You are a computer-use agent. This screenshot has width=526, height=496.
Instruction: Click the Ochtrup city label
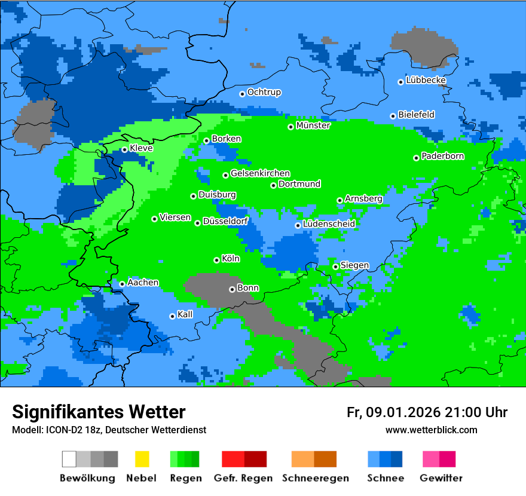pos(264,93)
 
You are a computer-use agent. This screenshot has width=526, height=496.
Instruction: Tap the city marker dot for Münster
pos(291,127)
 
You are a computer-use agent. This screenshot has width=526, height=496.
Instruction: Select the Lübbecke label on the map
pos(426,80)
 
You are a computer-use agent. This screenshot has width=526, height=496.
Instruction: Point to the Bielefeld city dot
pos(393,116)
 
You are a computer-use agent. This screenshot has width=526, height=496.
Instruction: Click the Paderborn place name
pos(442,156)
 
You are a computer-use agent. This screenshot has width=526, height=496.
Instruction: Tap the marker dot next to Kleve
pos(124,149)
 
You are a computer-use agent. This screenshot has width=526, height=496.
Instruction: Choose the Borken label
pos(226,139)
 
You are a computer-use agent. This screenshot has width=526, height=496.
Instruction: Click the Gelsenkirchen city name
pos(260,173)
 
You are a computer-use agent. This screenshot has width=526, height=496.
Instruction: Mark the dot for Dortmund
pos(274,185)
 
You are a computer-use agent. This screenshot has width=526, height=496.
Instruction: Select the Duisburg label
pos(217,195)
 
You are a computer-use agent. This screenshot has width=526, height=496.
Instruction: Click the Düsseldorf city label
pos(225,221)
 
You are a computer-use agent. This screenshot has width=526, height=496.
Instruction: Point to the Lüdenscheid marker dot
pos(298,225)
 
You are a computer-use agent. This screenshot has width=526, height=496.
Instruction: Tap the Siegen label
pos(354,265)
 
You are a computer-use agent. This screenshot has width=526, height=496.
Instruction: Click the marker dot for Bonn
pos(233,289)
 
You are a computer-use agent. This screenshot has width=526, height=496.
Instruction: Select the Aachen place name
pos(143,282)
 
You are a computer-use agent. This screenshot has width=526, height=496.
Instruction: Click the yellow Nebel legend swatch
pos(142,459)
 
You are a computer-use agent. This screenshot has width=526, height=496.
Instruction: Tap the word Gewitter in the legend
pos(441,478)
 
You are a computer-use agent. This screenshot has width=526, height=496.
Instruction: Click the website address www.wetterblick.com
pos(431,430)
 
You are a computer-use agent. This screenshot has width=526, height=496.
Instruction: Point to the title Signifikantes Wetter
pos(99,412)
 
